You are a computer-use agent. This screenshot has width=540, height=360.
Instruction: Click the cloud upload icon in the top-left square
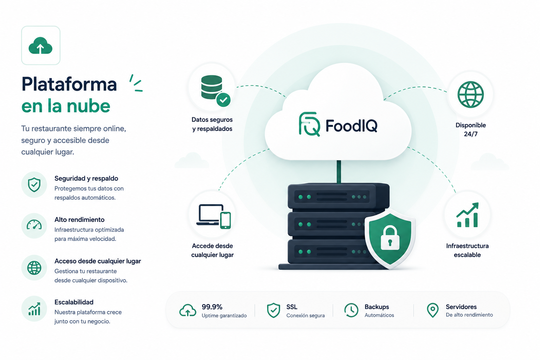[40, 46]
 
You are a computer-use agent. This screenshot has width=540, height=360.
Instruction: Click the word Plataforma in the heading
[69, 84]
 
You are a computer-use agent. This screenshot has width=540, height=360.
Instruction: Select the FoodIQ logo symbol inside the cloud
[309, 124]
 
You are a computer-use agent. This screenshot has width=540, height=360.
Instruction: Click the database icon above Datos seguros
[211, 87]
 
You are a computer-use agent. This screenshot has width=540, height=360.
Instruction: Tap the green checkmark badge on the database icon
[224, 99]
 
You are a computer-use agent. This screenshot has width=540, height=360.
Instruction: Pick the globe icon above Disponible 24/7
[471, 94]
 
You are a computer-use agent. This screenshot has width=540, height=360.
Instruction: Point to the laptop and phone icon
[214, 216]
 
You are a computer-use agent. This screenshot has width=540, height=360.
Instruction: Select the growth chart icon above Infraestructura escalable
[468, 215]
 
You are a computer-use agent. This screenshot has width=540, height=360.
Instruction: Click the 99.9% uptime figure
[212, 307]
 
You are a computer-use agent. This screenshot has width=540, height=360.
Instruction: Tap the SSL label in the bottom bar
[292, 307]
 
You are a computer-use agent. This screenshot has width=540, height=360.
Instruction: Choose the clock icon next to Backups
[351, 310]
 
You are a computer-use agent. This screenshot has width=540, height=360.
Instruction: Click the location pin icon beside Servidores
[433, 310]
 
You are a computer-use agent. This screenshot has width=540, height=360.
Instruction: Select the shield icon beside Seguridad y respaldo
[34, 185]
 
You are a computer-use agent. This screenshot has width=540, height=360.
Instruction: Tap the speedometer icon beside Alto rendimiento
[34, 225]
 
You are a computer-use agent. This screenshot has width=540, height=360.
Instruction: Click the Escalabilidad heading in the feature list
[74, 302]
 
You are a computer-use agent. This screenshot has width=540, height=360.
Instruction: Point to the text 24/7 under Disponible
[471, 134]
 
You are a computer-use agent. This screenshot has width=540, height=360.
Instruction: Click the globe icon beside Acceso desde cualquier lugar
[34, 268]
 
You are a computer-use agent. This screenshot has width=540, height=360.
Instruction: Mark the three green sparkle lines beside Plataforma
[136, 83]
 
